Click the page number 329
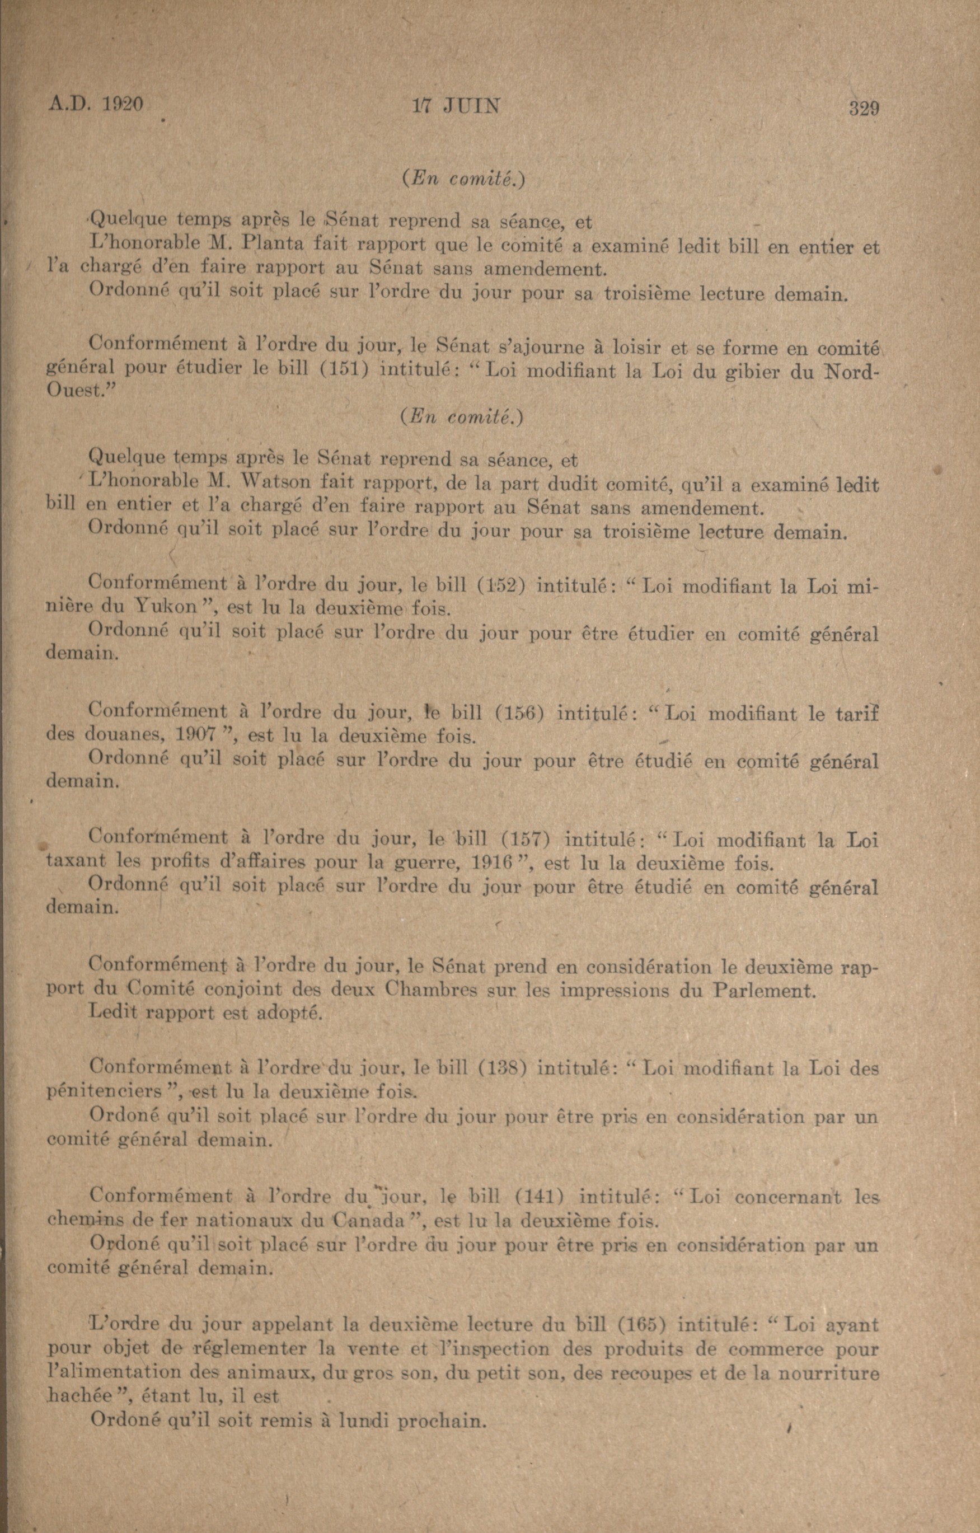(864, 108)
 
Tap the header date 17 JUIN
(456, 106)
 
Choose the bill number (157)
(521, 840)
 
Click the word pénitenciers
(105, 1092)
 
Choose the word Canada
(371, 1221)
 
